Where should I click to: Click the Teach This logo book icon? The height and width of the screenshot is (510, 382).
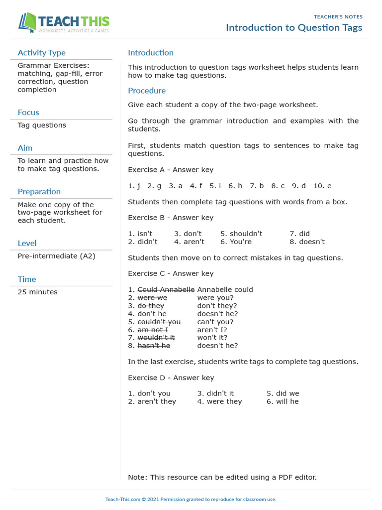point(28,23)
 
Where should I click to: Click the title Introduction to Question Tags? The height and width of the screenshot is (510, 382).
point(294,27)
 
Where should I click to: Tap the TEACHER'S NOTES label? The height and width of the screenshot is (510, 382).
point(338,16)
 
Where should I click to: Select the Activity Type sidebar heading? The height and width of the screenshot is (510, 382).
point(41,53)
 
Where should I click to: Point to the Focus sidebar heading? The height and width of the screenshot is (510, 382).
point(28,113)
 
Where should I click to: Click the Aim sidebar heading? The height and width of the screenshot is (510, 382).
point(25,148)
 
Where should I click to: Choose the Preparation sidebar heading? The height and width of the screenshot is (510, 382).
point(39,192)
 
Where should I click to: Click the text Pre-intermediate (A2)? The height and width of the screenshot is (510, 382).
point(56,256)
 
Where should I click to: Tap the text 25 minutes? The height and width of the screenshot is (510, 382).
point(37,292)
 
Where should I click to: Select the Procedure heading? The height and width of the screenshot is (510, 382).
point(147,91)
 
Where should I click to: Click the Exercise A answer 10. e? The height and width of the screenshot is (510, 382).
point(322,186)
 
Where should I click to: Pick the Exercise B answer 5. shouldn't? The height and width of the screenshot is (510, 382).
point(241,234)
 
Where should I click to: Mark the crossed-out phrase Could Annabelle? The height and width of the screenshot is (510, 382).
point(166,289)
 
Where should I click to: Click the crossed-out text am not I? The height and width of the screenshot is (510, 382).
point(153,330)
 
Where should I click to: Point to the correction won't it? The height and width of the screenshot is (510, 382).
point(212,338)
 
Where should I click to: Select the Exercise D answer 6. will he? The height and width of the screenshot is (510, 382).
point(283,401)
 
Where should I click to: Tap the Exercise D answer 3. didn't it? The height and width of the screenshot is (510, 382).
point(215,393)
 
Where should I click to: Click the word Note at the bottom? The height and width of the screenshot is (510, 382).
point(137,477)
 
